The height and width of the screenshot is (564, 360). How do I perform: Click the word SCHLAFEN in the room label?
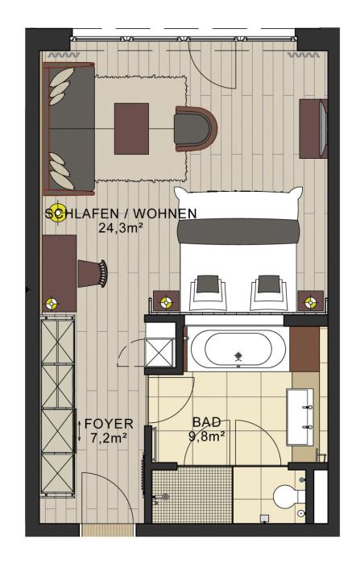pyautogui.click(x=81, y=214)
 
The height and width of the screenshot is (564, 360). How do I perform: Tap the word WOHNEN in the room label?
pyautogui.click(x=165, y=214)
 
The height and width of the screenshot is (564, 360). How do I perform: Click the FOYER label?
pyautogui.click(x=109, y=424)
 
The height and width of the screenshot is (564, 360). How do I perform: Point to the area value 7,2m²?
pyautogui.click(x=109, y=438)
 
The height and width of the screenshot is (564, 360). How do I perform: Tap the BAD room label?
pyautogui.click(x=206, y=422)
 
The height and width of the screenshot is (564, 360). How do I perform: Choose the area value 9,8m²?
pyautogui.click(x=207, y=436)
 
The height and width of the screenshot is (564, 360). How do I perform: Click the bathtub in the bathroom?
pyautogui.click(x=238, y=349)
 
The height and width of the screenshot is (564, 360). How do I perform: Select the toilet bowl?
pyautogui.click(x=287, y=497)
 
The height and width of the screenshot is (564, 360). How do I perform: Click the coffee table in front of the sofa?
pyautogui.click(x=131, y=128)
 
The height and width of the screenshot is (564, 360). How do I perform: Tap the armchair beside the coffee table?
pyautogui.click(x=196, y=128)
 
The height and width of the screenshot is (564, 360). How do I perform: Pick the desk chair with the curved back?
pyautogui.click(x=93, y=273)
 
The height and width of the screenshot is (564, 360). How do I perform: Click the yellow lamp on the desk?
pyautogui.click(x=52, y=304)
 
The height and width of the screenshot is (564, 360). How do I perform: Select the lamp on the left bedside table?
pyautogui.click(x=166, y=302)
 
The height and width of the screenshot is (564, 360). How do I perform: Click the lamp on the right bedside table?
pyautogui.click(x=310, y=302)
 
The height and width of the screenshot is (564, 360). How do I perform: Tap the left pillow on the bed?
pyautogui.click(x=209, y=292)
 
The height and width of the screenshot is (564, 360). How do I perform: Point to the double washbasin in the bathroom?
pyautogui.click(x=300, y=417)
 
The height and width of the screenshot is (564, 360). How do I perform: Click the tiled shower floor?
pyautogui.click(x=192, y=495)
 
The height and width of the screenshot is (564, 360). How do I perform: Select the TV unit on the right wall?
pyautogui.click(x=313, y=129)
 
